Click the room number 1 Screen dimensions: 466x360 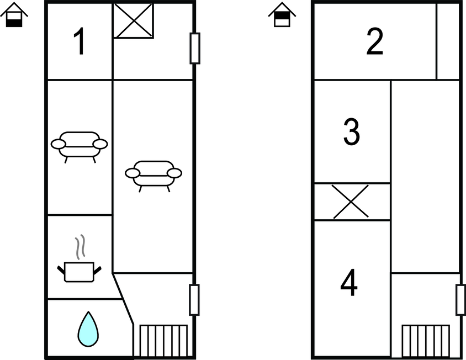tap(80, 41)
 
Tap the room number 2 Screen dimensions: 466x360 tap(374, 41)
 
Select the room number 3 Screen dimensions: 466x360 tap(352, 132)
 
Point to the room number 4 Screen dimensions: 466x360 tap(349, 282)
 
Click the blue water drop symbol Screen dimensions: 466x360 tap(88, 329)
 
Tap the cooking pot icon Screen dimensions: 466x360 tap(79, 272)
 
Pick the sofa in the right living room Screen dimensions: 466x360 tap(153, 176)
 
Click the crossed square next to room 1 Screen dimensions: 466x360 tap(133, 21)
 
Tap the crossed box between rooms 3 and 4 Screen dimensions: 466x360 tap(352, 202)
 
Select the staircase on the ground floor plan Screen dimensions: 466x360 tap(163, 341)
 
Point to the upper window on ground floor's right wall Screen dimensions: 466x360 tap(195, 48)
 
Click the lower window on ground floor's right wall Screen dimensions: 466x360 tap(194, 300)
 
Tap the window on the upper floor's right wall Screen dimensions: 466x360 tap(461, 300)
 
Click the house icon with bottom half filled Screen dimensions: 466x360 tap(14, 15)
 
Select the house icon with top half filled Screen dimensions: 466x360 tap(282, 15)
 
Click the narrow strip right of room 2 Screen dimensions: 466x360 tap(448, 41)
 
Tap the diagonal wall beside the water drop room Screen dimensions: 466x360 tap(123, 299)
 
